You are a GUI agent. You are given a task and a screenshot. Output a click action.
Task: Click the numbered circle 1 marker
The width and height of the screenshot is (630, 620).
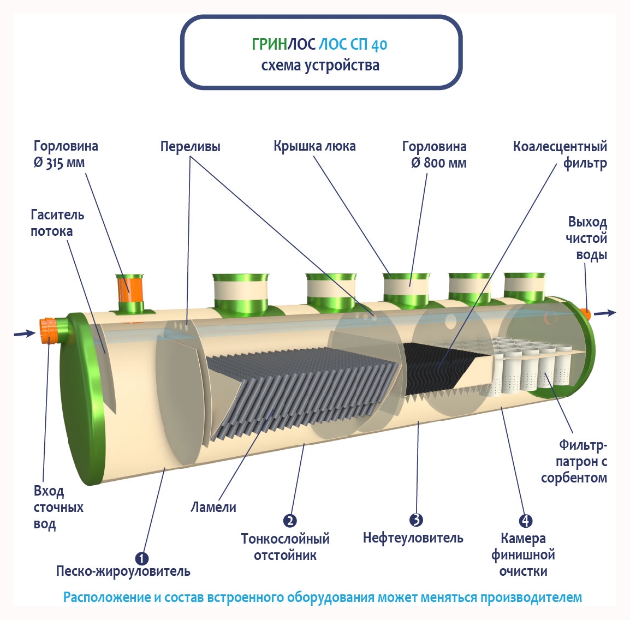tap(142, 558)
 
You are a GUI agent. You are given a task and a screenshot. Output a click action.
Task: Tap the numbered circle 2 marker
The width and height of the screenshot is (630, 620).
tap(290, 521)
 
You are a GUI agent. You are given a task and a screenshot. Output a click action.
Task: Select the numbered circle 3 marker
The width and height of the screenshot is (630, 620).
tap(416, 520)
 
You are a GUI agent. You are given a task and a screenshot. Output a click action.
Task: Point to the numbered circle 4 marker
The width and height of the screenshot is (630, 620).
tap(525, 521)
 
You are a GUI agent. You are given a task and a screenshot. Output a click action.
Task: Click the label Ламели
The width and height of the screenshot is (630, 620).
tap(213, 507)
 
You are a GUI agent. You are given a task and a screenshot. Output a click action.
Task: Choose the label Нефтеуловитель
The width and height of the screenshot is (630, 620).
tap(413, 538)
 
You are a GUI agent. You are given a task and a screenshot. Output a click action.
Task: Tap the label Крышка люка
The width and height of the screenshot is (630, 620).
tap(314, 146)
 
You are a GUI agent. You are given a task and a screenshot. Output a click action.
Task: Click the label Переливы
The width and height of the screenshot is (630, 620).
tap(190, 147)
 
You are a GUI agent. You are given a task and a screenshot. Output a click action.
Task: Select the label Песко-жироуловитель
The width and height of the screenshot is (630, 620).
tap(123, 571)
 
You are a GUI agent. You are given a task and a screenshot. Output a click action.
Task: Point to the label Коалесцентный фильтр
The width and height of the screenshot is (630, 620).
tap(561, 154)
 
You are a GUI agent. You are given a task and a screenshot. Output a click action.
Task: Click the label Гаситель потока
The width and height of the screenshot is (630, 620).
tap(57, 223)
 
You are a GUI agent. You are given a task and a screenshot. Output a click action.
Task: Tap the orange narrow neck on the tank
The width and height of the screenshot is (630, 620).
tap(129, 288)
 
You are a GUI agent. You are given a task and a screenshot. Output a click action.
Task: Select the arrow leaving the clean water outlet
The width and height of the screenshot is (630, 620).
tap(605, 313)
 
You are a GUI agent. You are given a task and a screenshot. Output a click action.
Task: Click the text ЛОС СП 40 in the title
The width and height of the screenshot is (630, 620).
tap(353, 45)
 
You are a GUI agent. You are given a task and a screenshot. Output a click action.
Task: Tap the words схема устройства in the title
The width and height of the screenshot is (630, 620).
tap(320, 65)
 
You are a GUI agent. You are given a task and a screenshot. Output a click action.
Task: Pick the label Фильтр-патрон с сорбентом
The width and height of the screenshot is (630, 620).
tap(575, 462)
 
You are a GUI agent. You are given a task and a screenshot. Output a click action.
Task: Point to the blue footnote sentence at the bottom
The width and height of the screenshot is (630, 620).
tap(322, 597)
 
